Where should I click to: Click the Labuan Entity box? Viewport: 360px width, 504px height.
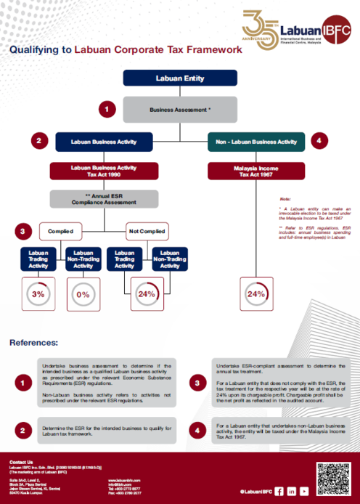pyautogui.click(x=179, y=78)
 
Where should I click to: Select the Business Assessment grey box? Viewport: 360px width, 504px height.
pyautogui.click(x=179, y=110)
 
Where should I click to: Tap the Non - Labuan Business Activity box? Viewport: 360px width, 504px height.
pyautogui.click(x=256, y=142)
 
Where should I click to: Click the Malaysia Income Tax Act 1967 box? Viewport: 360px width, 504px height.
pyautogui.click(x=255, y=171)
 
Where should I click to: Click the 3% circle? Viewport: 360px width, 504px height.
pyautogui.click(x=38, y=295)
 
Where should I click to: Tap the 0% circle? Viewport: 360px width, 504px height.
pyautogui.click(x=83, y=295)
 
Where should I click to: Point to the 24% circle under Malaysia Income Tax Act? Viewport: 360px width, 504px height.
pyautogui.click(x=255, y=295)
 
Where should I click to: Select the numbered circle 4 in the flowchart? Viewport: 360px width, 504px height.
pyautogui.click(x=318, y=141)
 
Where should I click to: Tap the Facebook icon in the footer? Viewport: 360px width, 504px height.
pyautogui.click(x=279, y=491)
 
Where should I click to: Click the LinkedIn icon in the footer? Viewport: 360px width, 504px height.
pyautogui.click(x=292, y=491)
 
